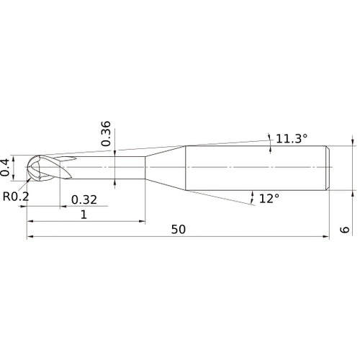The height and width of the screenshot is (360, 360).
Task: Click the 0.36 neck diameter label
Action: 106,133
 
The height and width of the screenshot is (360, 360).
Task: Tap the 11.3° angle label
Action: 292,136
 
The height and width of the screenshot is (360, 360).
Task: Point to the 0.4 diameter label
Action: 6,166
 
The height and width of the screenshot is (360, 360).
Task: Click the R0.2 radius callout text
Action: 15,196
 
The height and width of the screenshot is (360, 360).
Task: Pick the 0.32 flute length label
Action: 84,199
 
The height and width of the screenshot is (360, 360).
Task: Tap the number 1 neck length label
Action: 84,215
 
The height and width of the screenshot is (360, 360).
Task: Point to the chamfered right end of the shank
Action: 329,168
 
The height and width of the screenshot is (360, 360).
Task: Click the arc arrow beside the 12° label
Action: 252,196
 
